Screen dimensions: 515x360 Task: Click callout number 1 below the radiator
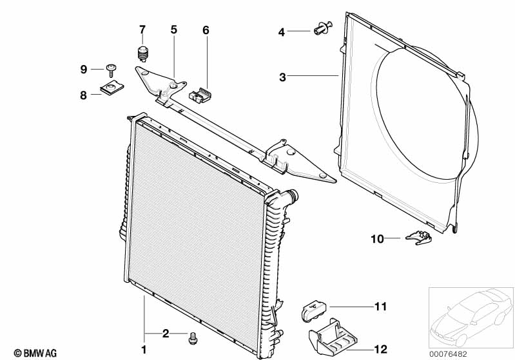(144, 350)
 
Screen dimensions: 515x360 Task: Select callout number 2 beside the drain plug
(166, 333)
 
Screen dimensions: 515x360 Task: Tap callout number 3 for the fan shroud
(282, 77)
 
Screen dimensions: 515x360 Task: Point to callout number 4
(282, 31)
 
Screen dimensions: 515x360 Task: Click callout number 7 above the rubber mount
(142, 29)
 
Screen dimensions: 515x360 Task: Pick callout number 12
(381, 349)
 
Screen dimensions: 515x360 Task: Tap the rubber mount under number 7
(143, 53)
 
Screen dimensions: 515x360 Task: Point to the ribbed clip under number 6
(201, 95)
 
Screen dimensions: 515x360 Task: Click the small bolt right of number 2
(192, 337)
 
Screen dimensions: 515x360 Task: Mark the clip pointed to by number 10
(419, 238)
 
